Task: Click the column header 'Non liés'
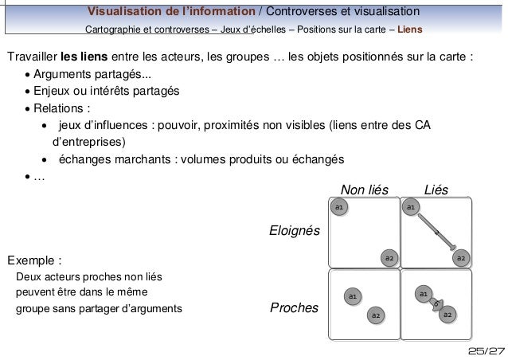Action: [364, 190]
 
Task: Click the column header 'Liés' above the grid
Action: [436, 190]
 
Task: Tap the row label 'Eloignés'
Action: [295, 232]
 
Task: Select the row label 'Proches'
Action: [294, 307]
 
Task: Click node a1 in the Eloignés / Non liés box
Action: [338, 207]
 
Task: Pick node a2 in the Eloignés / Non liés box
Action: [388, 258]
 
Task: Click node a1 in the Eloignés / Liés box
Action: [410, 207]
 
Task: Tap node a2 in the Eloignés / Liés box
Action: [460, 258]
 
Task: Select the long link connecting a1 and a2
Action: [436, 231]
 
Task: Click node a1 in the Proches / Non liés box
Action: [351, 297]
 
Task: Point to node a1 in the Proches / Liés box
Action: [424, 295]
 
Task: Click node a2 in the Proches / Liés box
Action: [447, 315]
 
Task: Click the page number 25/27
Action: [486, 351]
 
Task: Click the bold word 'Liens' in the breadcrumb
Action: [410, 30]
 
